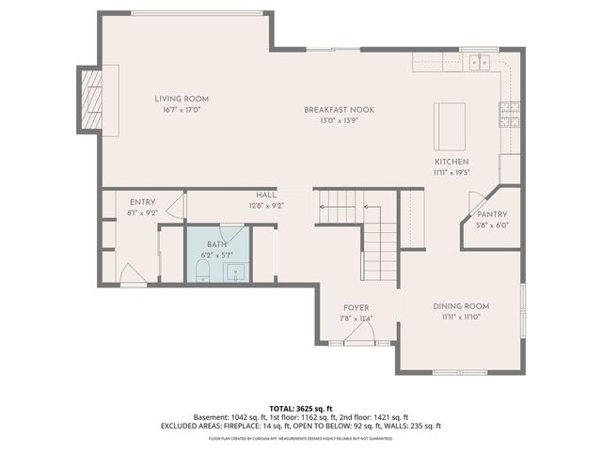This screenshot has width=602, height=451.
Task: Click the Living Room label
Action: point(182,99)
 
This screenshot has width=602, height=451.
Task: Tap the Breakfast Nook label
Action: point(339,110)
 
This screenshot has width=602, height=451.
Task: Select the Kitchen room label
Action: point(451,163)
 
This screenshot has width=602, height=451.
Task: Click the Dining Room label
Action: point(461,306)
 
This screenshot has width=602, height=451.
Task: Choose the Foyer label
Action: point(356,308)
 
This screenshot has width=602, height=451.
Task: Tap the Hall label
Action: point(266,194)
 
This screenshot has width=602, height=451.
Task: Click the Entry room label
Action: point(143,203)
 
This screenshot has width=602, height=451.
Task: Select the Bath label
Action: point(217,243)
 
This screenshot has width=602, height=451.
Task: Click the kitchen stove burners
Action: point(509,115)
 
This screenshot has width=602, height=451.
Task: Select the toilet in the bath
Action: point(202,272)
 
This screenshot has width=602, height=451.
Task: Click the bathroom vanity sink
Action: point(237,272)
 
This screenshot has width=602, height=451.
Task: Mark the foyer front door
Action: point(358,341)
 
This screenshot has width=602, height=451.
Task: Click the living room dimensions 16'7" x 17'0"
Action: point(182,109)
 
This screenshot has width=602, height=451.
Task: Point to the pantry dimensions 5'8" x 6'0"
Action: point(491,225)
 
